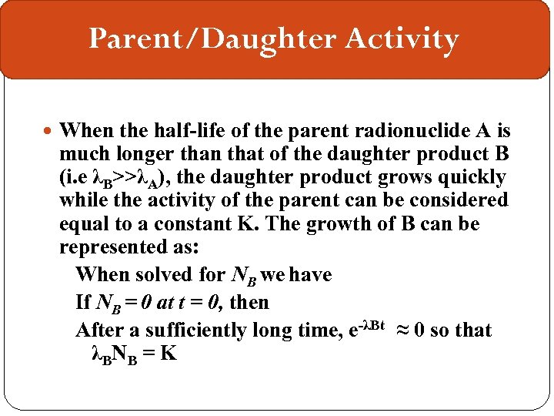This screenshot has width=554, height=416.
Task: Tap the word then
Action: (249, 302)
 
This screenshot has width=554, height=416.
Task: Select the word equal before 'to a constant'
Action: (86, 225)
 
